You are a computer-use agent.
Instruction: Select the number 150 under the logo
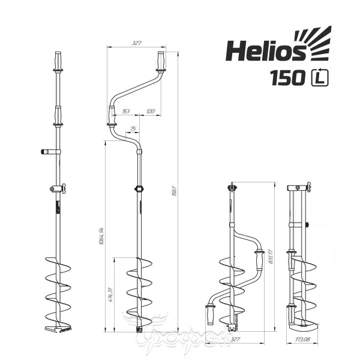click(x=286, y=79)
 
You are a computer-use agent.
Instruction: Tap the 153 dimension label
click(x=126, y=112)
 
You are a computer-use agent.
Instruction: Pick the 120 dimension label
click(x=151, y=112)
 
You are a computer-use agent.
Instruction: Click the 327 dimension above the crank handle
click(x=136, y=43)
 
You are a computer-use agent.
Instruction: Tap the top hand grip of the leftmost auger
click(x=58, y=61)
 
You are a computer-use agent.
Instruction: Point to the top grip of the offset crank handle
click(x=161, y=61)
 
